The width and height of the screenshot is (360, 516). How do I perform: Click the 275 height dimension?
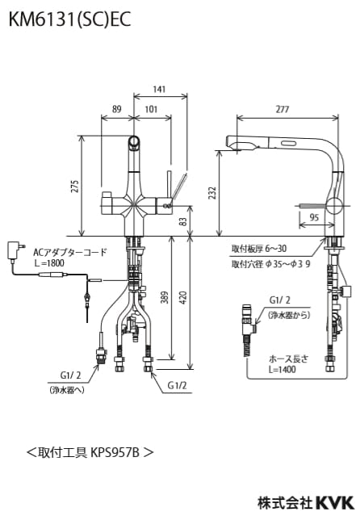75,186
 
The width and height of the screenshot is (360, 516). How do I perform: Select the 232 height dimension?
211,194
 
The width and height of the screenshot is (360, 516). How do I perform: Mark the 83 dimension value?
183,220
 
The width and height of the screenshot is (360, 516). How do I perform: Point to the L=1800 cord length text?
49,262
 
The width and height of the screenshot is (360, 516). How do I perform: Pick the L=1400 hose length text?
275,369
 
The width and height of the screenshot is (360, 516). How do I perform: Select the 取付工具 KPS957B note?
90,451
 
